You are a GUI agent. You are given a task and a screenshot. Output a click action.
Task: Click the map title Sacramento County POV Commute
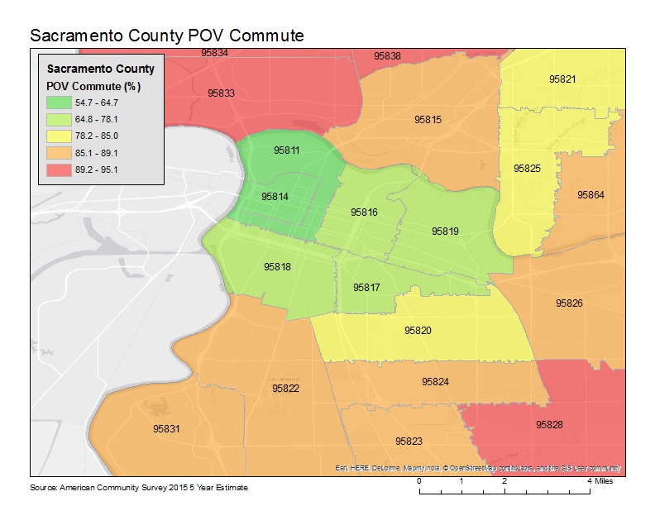(x=166, y=36)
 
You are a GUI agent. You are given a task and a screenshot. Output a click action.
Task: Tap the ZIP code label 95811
(x=287, y=150)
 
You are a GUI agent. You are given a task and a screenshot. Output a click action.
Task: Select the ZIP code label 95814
(x=275, y=197)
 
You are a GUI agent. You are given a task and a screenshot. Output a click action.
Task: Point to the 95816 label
(x=364, y=212)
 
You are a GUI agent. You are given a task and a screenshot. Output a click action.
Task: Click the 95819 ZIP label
(x=445, y=232)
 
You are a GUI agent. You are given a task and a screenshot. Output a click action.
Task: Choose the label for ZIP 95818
(x=277, y=267)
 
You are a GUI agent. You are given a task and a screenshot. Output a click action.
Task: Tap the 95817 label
(x=366, y=288)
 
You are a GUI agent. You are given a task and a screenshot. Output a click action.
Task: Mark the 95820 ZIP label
(x=418, y=330)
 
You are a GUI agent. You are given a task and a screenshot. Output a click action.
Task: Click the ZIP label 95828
(x=549, y=424)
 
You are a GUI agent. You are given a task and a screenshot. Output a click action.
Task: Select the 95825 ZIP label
(x=527, y=168)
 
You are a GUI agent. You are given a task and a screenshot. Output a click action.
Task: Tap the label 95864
(x=590, y=194)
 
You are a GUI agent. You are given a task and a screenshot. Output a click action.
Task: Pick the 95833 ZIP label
(x=221, y=93)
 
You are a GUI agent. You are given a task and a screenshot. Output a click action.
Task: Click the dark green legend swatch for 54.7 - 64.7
(x=59, y=103)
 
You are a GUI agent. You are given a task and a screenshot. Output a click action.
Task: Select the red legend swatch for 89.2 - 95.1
(x=59, y=169)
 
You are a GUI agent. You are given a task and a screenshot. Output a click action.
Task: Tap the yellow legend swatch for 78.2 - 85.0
(x=59, y=136)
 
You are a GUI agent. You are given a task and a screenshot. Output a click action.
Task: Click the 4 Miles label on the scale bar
(x=600, y=480)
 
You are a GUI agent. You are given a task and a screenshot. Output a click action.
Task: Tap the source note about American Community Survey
(x=139, y=488)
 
